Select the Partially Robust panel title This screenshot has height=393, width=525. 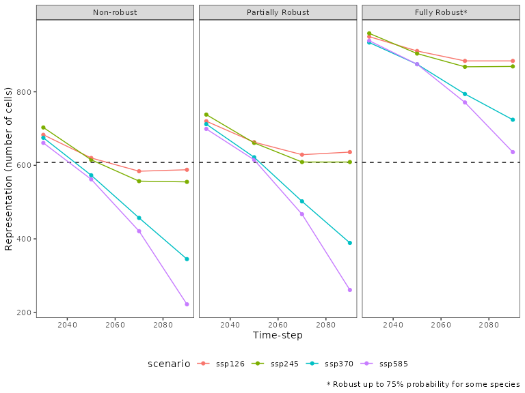(278, 13)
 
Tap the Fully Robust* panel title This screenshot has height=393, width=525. (441, 13)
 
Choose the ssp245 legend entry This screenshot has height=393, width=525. (280, 364)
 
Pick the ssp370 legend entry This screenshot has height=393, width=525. (335, 364)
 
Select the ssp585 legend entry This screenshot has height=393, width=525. (390, 364)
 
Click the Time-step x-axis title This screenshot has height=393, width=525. (278, 335)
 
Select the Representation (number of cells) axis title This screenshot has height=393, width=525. (8, 169)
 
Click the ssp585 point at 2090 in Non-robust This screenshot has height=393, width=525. (187, 304)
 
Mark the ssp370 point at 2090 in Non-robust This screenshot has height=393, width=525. (187, 259)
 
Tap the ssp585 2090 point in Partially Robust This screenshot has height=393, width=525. (349, 290)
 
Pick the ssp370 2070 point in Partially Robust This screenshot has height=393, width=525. (301, 201)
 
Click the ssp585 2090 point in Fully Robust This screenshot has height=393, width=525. (513, 152)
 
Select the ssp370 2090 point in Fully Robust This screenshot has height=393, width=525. (513, 120)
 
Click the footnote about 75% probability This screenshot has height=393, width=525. (423, 384)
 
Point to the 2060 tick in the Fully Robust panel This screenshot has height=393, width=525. (441, 324)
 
